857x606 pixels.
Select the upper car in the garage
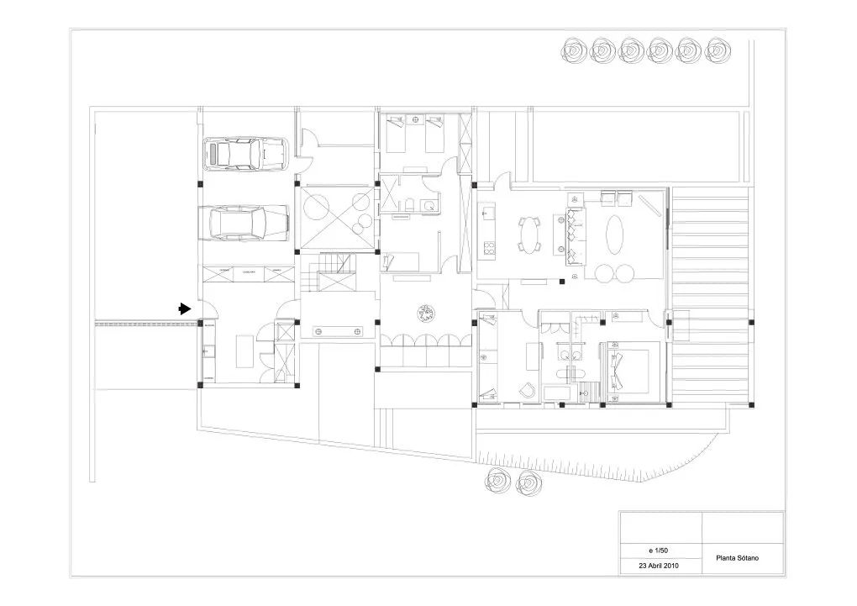(x=245, y=154)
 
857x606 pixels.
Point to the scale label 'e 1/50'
(x=660, y=550)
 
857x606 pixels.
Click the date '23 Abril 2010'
(x=660, y=566)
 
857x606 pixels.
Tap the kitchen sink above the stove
(x=489, y=216)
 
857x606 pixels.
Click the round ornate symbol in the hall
(x=425, y=313)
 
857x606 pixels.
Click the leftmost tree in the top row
(x=576, y=52)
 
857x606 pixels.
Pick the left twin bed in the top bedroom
(x=396, y=134)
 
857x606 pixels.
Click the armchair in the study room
(x=526, y=389)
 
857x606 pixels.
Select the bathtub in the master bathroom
(x=557, y=393)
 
